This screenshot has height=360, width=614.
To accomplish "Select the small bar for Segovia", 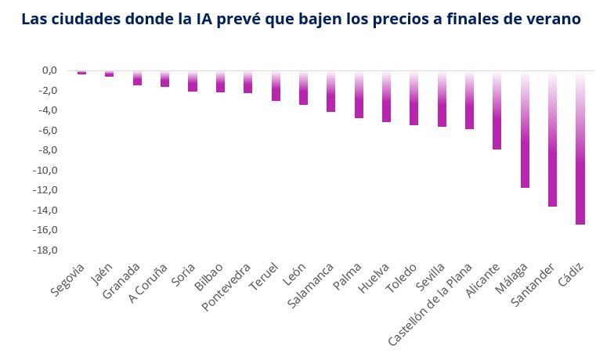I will (81, 72).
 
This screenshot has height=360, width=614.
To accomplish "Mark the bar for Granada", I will (137, 77).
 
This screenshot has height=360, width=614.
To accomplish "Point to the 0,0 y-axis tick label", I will (49, 70).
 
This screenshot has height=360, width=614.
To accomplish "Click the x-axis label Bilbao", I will (209, 277).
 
